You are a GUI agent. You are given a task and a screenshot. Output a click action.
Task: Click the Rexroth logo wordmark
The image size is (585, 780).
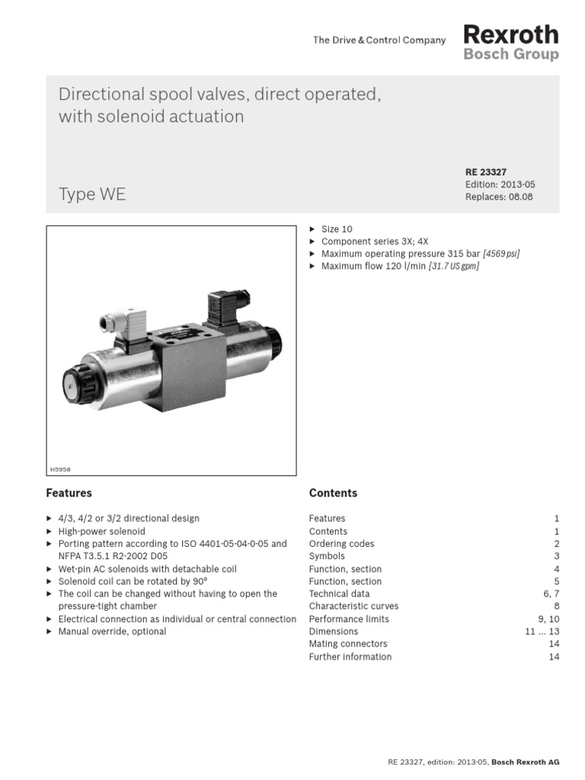(510, 35)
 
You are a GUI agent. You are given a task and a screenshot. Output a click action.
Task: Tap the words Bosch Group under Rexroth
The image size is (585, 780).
(510, 55)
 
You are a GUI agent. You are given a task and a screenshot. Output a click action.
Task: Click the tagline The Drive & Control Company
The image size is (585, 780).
(379, 40)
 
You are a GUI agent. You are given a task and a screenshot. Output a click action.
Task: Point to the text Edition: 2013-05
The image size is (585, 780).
(500, 184)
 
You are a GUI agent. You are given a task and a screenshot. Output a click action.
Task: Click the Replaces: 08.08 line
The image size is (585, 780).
(499, 197)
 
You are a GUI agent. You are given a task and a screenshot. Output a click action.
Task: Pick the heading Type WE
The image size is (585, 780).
(92, 195)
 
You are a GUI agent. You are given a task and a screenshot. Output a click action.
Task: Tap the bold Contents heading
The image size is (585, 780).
(333, 493)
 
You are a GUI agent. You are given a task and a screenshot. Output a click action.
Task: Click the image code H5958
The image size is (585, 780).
(61, 469)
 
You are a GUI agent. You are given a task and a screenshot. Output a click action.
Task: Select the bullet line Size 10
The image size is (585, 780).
(337, 229)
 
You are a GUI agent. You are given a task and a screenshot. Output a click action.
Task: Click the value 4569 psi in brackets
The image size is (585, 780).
(500, 254)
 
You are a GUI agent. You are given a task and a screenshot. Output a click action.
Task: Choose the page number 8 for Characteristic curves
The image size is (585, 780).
(556, 606)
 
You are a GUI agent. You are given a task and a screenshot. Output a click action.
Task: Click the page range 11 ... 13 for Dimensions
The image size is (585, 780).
(541, 631)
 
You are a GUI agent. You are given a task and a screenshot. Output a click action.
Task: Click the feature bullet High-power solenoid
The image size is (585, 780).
(101, 531)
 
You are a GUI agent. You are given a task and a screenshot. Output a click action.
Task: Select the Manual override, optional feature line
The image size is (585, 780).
(112, 631)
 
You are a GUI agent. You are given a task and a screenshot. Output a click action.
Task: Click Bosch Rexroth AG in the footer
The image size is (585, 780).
(526, 762)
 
